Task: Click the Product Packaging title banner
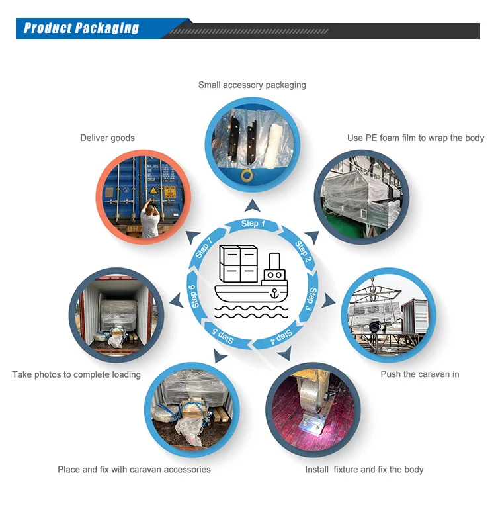(x=81, y=28)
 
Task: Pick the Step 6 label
(x=193, y=296)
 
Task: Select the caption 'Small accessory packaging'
(x=252, y=85)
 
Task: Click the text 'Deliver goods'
(x=107, y=138)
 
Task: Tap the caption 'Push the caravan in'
(x=419, y=374)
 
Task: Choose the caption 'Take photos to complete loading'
(x=76, y=374)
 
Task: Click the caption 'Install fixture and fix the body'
(x=364, y=469)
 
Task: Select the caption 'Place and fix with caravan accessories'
(x=134, y=469)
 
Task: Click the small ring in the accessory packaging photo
(x=247, y=175)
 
